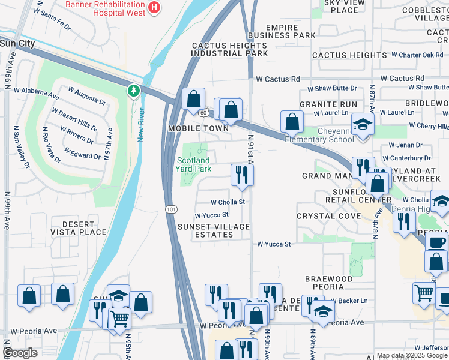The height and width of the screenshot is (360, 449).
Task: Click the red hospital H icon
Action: [x=155, y=7]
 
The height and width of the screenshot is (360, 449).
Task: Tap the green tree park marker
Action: [x=133, y=91]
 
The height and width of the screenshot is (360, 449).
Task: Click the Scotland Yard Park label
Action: [x=193, y=164]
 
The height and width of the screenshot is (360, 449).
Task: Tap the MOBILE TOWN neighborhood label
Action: [x=198, y=128]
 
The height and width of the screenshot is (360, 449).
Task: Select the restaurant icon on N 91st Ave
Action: [x=243, y=175]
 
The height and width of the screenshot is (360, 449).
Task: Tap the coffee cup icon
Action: [x=436, y=242]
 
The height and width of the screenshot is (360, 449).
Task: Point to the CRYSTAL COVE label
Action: [x=324, y=215]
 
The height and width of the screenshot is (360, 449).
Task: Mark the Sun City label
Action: [x=17, y=44]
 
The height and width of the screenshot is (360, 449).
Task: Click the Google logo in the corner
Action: [x=20, y=353]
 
